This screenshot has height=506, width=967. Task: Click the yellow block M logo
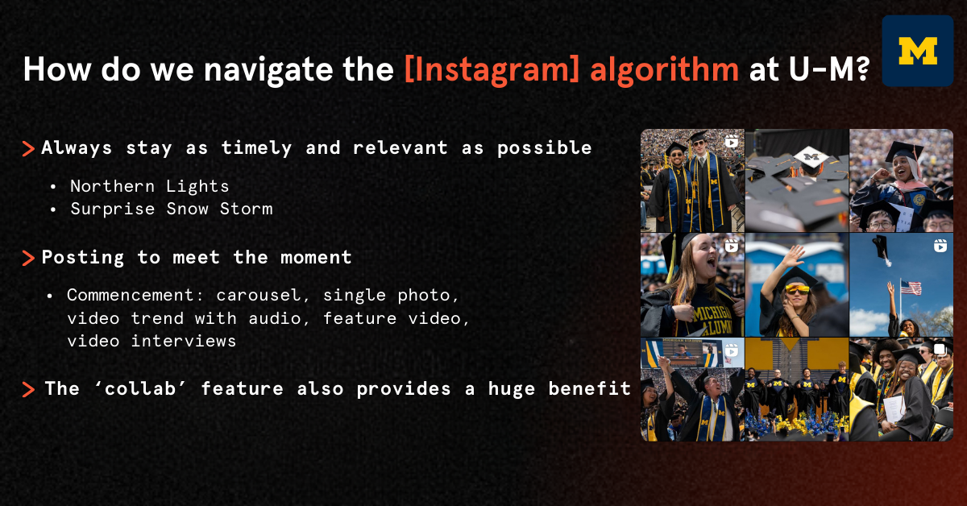click(918, 51)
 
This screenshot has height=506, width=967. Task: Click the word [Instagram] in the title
click(492, 69)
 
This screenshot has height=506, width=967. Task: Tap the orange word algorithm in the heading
click(664, 69)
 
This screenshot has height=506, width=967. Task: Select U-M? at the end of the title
click(829, 68)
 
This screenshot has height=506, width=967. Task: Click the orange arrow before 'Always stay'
click(28, 148)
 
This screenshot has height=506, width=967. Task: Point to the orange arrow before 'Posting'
click(28, 258)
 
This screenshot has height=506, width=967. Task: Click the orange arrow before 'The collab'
click(28, 389)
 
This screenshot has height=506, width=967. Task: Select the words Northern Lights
click(149, 186)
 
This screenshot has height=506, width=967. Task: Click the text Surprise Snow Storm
click(172, 209)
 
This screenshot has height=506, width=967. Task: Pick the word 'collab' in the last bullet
click(140, 388)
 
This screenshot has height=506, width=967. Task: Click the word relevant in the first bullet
click(400, 147)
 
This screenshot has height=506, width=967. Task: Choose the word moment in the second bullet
click(316, 257)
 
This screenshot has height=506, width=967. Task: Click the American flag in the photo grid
click(911, 288)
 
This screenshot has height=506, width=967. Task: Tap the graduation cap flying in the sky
click(881, 249)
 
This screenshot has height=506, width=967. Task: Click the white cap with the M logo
click(811, 157)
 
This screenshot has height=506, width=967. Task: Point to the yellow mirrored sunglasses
click(797, 289)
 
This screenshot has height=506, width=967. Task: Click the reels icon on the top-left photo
click(732, 141)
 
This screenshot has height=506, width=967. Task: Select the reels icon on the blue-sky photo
click(940, 246)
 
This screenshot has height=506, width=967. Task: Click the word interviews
click(184, 341)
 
